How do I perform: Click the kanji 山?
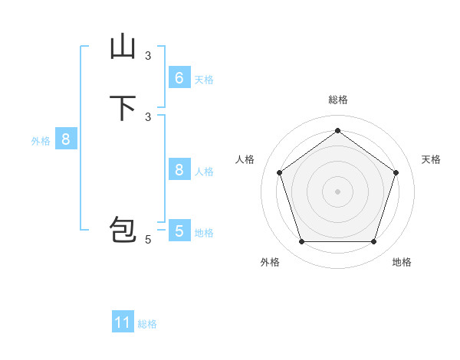click(123, 47)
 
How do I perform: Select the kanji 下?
click(123, 108)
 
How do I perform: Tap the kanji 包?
click(123, 232)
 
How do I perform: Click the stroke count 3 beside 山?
click(148, 55)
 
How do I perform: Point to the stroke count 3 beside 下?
click(148, 116)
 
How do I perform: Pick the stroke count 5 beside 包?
click(148, 240)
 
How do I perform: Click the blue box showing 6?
click(179, 78)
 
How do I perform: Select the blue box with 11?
click(123, 322)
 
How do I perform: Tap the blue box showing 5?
click(179, 231)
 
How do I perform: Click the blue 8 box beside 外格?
click(66, 139)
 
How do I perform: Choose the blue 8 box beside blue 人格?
click(179, 170)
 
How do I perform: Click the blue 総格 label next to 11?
click(147, 324)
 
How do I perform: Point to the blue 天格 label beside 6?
click(203, 80)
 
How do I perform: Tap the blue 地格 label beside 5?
click(203, 233)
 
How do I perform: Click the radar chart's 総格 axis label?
click(337, 100)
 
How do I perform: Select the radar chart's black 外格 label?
click(270, 262)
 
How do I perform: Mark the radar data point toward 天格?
click(396, 172)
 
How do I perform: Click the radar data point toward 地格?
click(373, 241)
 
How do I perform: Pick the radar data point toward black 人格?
click(279, 172)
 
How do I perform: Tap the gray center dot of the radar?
click(337, 191)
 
